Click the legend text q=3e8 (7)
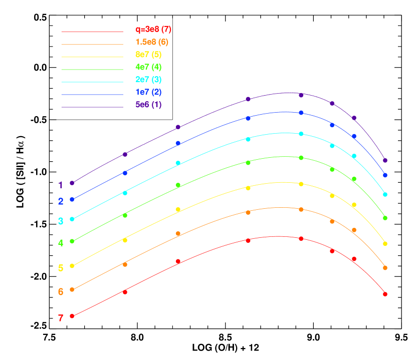coord(153,30)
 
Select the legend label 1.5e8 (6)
coord(152,42)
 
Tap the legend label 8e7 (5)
coord(148,55)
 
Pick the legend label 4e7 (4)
coord(148,67)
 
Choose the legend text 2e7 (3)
coord(148,80)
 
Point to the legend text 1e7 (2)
coord(148,92)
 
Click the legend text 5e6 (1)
coord(148,105)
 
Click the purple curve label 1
coord(61,185)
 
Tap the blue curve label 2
coord(61,201)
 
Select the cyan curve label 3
coord(61,221)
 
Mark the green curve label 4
coord(61,243)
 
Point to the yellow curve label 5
coord(61,268)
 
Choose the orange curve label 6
coord(61,291)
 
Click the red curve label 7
coord(61,318)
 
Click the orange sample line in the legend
coord(92,45)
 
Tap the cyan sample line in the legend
coord(92,82)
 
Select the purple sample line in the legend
coord(92,107)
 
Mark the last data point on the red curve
coord(385,294)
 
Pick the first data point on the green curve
coord(72,241)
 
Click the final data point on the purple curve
coord(385,160)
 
